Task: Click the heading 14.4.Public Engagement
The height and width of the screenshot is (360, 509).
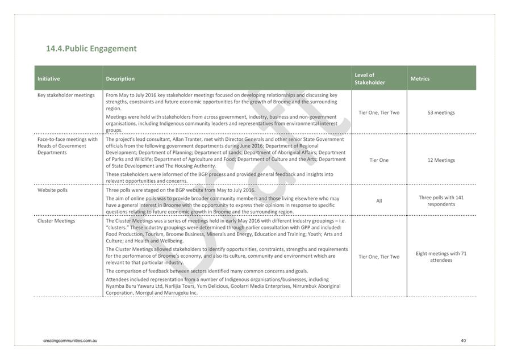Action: (x=91, y=48)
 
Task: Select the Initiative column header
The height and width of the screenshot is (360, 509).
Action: (x=49, y=79)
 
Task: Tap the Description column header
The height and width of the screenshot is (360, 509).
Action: (x=120, y=79)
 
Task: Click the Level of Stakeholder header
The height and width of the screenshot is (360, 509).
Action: (x=370, y=79)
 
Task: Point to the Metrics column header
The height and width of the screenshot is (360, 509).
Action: (x=420, y=79)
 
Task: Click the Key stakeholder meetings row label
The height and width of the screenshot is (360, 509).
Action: (x=66, y=95)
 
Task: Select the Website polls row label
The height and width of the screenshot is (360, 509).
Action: (x=52, y=190)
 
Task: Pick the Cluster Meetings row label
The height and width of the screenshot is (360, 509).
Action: (x=56, y=221)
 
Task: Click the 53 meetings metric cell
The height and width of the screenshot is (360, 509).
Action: (x=441, y=112)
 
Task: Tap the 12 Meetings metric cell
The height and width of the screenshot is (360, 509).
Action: (x=441, y=160)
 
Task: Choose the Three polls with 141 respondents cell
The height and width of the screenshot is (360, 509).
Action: (x=441, y=201)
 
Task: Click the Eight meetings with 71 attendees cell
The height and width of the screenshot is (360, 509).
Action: (x=441, y=257)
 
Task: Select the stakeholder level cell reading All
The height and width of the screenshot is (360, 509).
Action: (x=379, y=201)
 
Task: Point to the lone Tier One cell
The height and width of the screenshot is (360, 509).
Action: (x=379, y=160)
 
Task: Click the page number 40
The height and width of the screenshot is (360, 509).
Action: (x=463, y=341)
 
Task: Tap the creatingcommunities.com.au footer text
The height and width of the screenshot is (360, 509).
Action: (x=71, y=341)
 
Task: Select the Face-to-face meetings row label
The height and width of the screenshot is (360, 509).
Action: (x=67, y=145)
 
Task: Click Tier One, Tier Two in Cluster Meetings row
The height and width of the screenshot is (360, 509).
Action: (x=379, y=257)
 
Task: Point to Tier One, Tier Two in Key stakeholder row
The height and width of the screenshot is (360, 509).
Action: (x=379, y=112)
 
